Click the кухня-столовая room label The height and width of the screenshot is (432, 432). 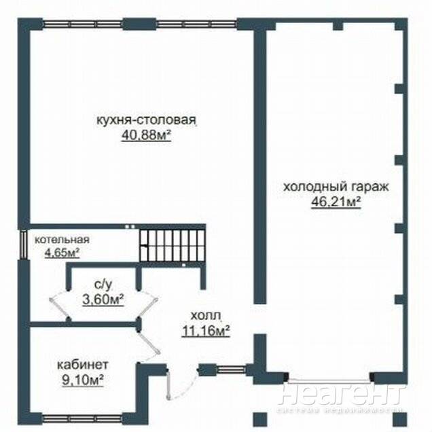click(146, 121)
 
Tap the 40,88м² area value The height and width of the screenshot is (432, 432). click(146, 136)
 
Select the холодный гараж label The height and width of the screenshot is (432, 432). click(336, 187)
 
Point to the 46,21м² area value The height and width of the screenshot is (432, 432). click(336, 202)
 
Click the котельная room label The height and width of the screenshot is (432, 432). click(62, 240)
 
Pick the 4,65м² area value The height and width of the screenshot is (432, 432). click(62, 253)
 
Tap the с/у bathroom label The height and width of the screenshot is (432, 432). click(103, 285)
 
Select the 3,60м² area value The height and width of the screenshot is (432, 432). click(103, 300)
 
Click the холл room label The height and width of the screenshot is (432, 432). click(206, 316)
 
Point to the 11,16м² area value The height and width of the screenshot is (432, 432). click(206, 331)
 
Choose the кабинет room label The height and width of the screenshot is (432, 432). click(83, 365)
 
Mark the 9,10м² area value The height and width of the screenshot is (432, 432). click(83, 381)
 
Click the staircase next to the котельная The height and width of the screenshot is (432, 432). click(173, 245)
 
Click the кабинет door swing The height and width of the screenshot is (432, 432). click(149, 340)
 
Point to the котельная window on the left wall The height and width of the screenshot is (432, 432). click(23, 245)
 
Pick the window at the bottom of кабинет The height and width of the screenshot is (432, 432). click(82, 419)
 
